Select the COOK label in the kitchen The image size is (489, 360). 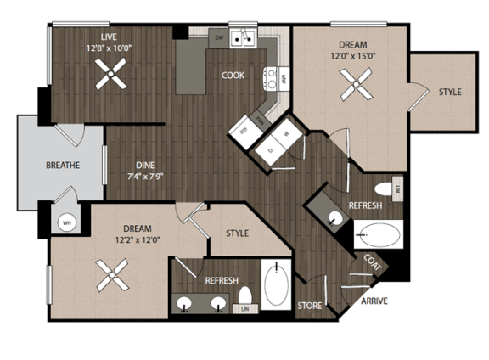pos(233,75)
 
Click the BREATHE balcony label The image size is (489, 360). pos(63,166)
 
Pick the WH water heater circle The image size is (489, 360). pos(65,223)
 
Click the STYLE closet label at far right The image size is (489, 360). pos(450,92)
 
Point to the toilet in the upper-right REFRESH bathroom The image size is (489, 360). pos(382,188)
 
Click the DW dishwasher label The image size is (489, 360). pos(218,38)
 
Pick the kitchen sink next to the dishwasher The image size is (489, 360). pos(245,37)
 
